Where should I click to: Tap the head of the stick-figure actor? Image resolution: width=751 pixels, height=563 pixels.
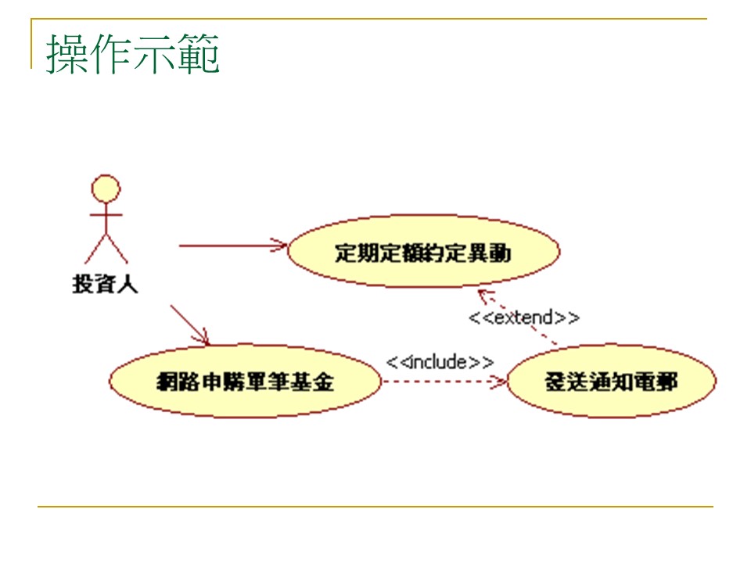click(106, 189)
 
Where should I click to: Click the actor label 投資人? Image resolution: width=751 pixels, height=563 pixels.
click(105, 284)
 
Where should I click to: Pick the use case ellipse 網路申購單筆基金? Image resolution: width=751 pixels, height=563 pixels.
click(245, 382)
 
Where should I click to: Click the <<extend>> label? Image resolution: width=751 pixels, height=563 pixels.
click(524, 317)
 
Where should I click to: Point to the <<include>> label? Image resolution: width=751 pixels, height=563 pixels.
click(440, 362)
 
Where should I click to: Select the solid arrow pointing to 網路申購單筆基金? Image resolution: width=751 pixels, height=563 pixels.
click(190, 325)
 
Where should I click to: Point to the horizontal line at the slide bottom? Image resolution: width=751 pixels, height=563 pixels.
click(375, 507)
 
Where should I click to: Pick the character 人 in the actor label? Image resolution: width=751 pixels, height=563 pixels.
click(128, 284)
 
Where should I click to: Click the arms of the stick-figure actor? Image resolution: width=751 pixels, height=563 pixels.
click(106, 213)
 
